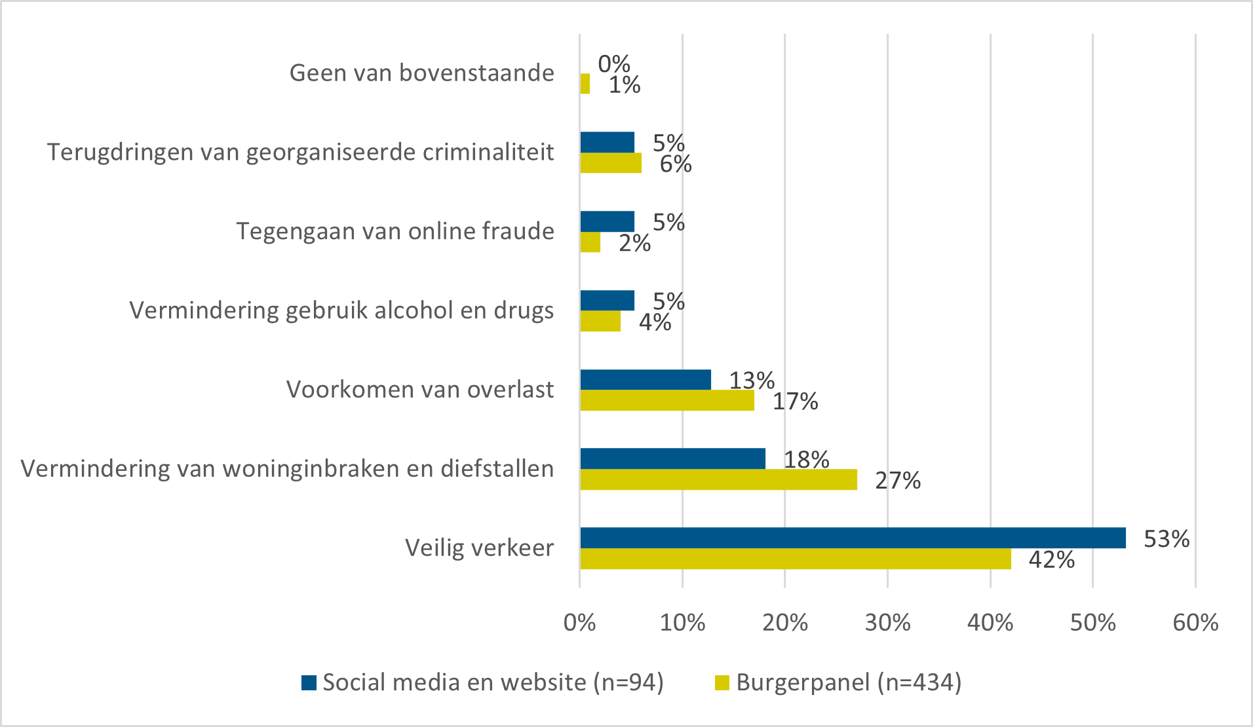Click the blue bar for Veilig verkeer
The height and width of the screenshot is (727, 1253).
[852, 538]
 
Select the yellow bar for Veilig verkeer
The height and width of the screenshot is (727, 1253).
[795, 559]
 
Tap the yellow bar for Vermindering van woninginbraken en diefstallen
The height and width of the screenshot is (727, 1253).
[718, 479]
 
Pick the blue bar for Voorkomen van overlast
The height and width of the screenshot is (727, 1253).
[646, 380]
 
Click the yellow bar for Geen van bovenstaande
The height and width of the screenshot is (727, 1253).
[585, 84]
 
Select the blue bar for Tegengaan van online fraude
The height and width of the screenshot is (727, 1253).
[607, 221]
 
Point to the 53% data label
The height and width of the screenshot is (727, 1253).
[1166, 539]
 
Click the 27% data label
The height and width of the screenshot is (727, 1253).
[897, 481]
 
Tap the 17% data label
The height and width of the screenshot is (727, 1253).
[795, 401]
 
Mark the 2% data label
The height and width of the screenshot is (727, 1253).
[634, 243]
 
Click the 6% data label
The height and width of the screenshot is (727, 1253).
[675, 164]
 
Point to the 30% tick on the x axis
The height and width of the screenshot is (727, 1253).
[887, 622]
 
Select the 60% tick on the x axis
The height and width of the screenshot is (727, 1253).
[1195, 622]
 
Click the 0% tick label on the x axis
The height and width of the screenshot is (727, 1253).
[579, 622]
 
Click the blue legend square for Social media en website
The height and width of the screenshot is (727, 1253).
[309, 683]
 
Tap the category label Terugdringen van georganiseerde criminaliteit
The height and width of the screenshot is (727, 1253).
[300, 152]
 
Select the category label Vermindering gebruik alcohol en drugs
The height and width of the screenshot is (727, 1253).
[341, 310]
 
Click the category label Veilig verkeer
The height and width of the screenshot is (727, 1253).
[479, 548]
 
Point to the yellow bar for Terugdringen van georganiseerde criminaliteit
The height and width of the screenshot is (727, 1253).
[610, 163]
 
